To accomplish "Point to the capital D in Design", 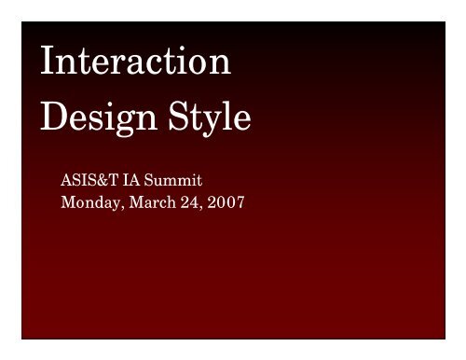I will [55, 120].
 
